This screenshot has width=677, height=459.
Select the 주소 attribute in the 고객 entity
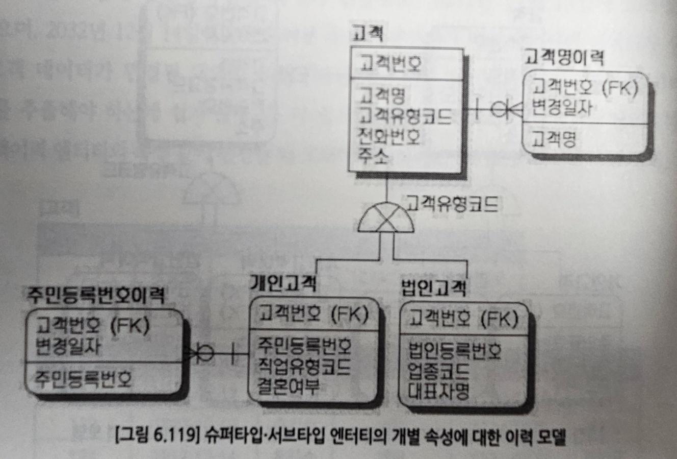pyautogui.click(x=374, y=156)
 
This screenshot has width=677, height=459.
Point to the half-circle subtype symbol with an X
pyautogui.click(x=386, y=219)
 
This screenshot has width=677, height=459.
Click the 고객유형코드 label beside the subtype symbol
pyautogui.click(x=452, y=204)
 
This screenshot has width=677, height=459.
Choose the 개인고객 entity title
pyautogui.click(x=283, y=282)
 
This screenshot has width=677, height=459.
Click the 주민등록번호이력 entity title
pyautogui.click(x=96, y=295)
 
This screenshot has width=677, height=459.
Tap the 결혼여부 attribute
pyautogui.click(x=288, y=386)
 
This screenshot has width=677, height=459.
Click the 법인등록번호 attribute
pyautogui.click(x=455, y=351)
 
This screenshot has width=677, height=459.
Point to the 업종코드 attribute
pyautogui.click(x=438, y=371)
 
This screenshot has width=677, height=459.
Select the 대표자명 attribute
pyautogui.click(x=438, y=391)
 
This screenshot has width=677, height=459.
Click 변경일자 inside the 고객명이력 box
pyautogui.click(x=562, y=108)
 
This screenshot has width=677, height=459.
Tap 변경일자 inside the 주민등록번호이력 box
pyautogui.click(x=68, y=347)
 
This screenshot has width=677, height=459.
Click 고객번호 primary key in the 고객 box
pyautogui.click(x=390, y=64)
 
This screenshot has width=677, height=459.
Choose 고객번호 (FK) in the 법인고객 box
pyautogui.click(x=463, y=319)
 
